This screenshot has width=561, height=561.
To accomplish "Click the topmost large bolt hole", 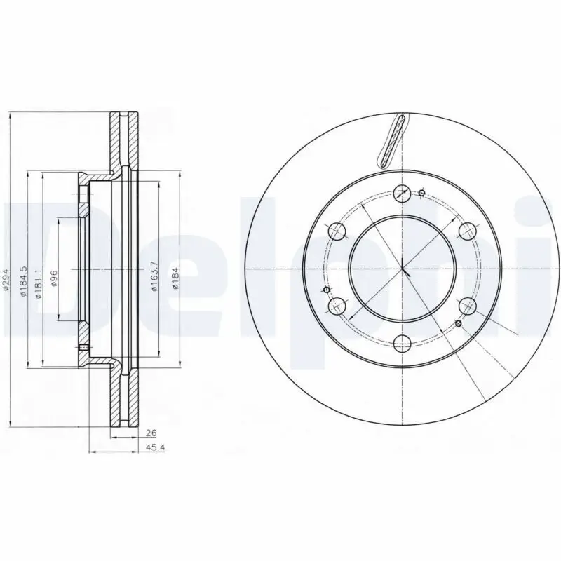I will (x=403, y=193).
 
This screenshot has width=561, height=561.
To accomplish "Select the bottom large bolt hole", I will (x=403, y=344).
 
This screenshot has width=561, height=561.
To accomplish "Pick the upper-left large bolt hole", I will (x=337, y=231).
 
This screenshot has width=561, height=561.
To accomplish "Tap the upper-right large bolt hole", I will (x=468, y=231).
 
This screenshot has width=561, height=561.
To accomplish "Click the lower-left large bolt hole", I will (x=337, y=306).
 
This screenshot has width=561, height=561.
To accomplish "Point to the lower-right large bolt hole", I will (x=468, y=306).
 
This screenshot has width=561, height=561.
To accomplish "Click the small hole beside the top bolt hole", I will (x=421, y=194).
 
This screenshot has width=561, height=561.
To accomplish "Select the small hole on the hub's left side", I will (x=326, y=290).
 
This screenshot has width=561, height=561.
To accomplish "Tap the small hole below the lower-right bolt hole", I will (x=458, y=323).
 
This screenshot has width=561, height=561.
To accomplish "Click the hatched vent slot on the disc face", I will (x=392, y=140).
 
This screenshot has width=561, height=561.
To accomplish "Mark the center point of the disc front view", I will (x=403, y=269).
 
